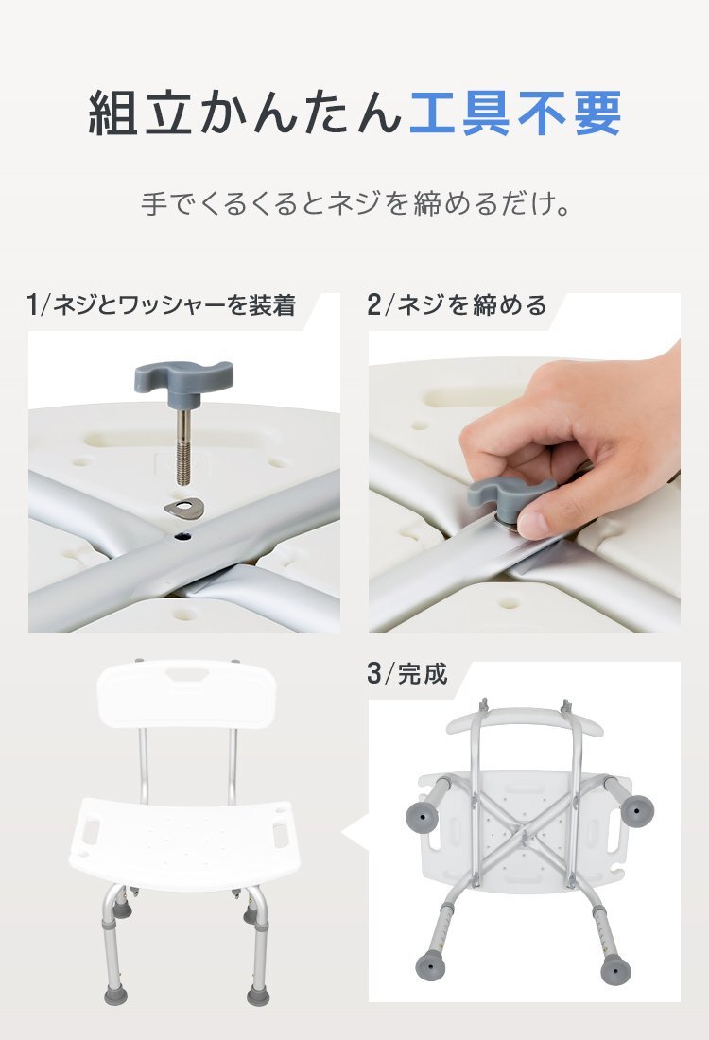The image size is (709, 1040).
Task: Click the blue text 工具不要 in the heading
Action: coord(515,113)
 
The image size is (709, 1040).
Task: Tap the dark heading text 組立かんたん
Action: coord(246,113)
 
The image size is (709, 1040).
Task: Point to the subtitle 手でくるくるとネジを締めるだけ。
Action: coord(354,204)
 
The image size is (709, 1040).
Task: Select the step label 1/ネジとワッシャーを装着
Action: coord(162,305)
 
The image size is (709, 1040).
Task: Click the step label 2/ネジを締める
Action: coord(457,305)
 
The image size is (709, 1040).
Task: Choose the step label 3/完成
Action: coord(406,674)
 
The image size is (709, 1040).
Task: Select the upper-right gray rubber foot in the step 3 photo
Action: coord(640,809)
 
